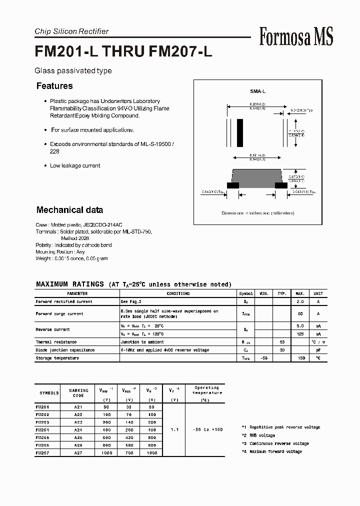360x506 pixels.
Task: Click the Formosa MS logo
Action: [x=296, y=37]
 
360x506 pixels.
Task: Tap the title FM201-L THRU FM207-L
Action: [x=123, y=52]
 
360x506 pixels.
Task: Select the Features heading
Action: [x=54, y=86]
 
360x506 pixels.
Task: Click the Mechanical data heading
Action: [x=69, y=210]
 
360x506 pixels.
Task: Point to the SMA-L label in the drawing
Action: [x=258, y=92]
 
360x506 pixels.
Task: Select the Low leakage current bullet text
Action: [x=75, y=165]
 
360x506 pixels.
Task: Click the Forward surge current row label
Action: [x=59, y=313]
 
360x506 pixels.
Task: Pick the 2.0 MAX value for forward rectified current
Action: [x=300, y=301]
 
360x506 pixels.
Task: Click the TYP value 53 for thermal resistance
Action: [x=282, y=342]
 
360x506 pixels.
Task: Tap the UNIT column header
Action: [x=318, y=293]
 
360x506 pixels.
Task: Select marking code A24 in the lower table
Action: [x=79, y=430]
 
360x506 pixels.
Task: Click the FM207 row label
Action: [x=42, y=452]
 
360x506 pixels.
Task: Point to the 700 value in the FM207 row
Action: [x=129, y=452]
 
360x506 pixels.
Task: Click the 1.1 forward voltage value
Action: [x=174, y=429]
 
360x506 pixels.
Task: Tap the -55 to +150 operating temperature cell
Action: [x=206, y=429]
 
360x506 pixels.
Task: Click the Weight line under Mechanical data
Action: [x=71, y=258]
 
